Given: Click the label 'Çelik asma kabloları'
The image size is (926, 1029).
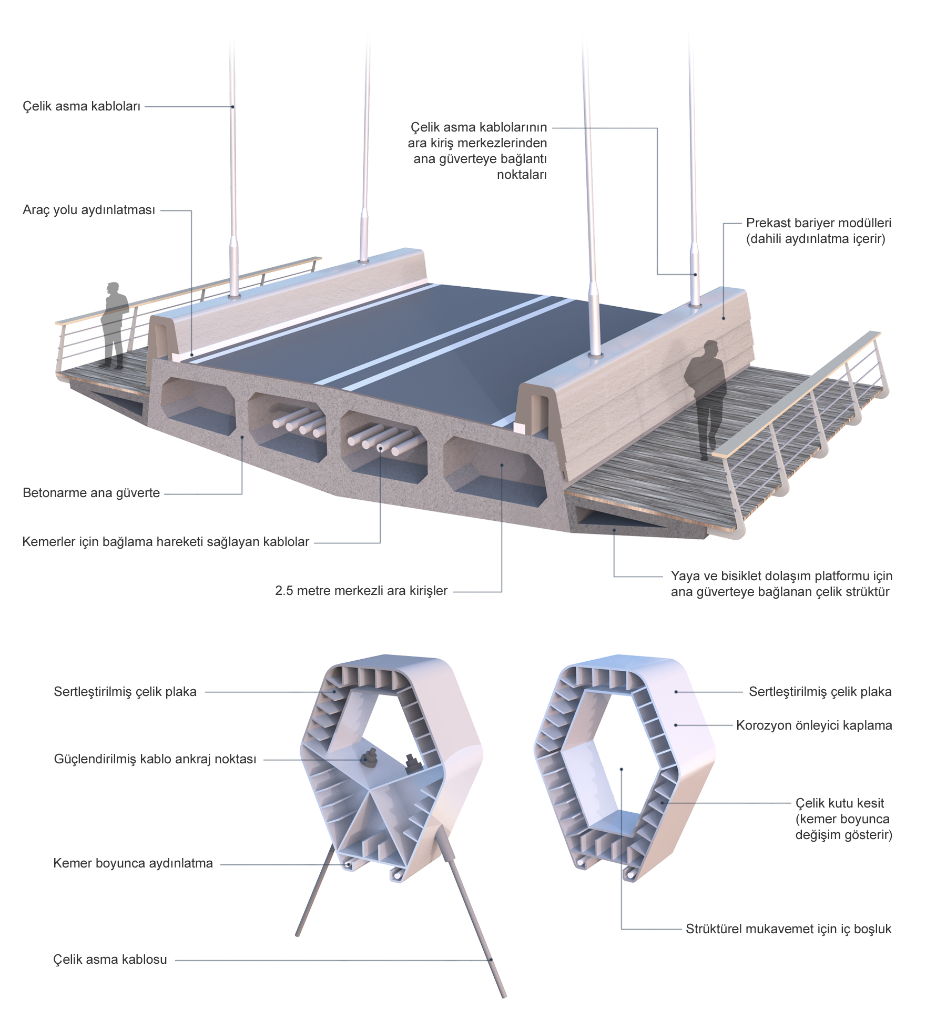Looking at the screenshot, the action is (x=82, y=106).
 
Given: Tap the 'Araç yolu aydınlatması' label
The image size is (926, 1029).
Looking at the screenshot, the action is (x=89, y=210).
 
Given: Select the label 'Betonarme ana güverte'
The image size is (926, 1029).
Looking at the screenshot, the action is (x=91, y=493).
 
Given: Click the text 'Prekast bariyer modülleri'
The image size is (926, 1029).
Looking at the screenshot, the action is (x=819, y=223).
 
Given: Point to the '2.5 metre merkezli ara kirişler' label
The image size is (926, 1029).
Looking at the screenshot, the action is (x=361, y=591).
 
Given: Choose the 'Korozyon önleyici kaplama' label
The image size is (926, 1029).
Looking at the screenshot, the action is (x=814, y=725).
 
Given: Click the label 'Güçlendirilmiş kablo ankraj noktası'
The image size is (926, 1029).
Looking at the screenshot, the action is (x=155, y=759).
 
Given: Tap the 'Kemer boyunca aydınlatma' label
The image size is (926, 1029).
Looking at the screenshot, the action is (x=133, y=863).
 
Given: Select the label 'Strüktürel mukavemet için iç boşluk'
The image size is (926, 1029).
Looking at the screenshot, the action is (x=788, y=929).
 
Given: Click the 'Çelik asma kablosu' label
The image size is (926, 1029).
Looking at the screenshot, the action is (x=110, y=960).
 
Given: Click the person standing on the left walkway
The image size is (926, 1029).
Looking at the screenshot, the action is (x=114, y=325).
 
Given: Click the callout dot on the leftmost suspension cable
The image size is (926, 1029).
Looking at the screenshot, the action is (x=232, y=107).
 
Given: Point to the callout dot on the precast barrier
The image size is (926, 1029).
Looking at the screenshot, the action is (x=724, y=318).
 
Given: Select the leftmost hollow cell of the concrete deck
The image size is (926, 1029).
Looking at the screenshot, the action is (x=198, y=406).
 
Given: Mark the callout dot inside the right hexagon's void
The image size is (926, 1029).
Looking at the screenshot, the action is (x=622, y=769).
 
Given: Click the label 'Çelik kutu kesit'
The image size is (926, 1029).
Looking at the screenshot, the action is (x=840, y=803).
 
